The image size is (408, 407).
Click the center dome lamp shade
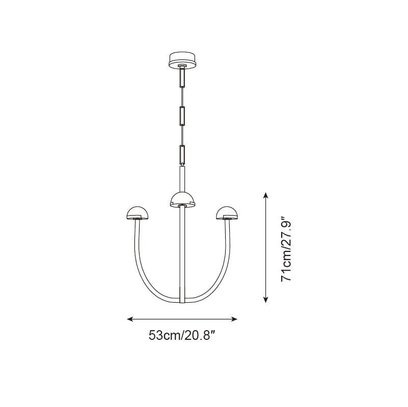pos(182,199)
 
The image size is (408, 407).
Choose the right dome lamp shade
pos(227,212)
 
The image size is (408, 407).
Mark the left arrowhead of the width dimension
pos(129,319)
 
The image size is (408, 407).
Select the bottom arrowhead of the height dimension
pos(265,301)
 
